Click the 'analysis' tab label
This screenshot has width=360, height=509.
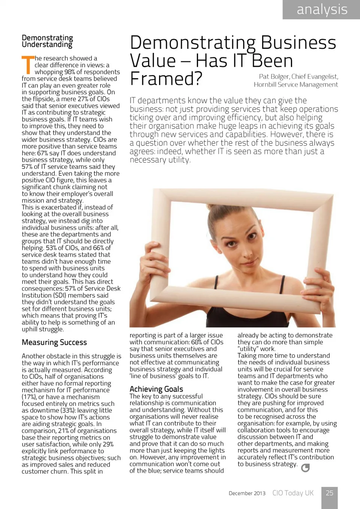pyautogui.click(x=322, y=9)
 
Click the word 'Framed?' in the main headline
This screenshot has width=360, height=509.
pyautogui.click(x=166, y=79)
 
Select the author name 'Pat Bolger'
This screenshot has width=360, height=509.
pyautogui.click(x=273, y=77)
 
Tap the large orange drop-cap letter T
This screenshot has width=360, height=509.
pyautogui.click(x=28, y=65)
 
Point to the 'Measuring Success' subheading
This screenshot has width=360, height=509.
pyautogui.click(x=54, y=342)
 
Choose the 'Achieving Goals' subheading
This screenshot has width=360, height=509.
pyautogui.click(x=156, y=389)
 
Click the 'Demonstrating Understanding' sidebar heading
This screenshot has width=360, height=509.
pyautogui.click(x=47, y=41)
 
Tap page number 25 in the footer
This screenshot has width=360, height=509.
pyautogui.click(x=329, y=493)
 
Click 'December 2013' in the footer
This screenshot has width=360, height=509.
pyautogui.click(x=247, y=493)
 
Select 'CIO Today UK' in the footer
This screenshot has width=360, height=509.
pyautogui.click(x=293, y=493)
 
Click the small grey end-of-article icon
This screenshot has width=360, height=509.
pyautogui.click(x=305, y=467)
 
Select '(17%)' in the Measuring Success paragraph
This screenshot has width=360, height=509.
pyautogui.click(x=29, y=397)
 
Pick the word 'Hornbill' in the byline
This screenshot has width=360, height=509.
pyautogui.click(x=265, y=85)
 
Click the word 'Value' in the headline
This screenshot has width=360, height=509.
pyautogui.click(x=153, y=61)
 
